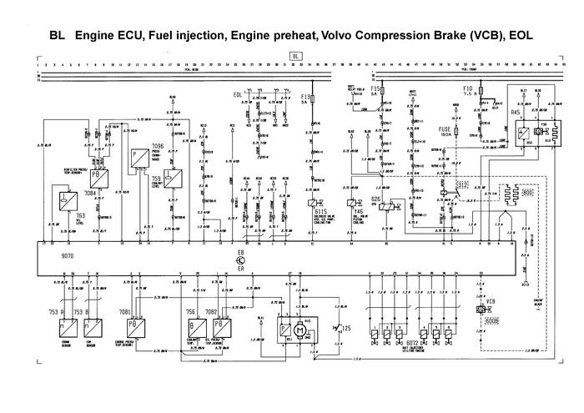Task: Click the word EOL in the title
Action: [521, 38]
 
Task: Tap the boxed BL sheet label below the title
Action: [295, 56]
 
